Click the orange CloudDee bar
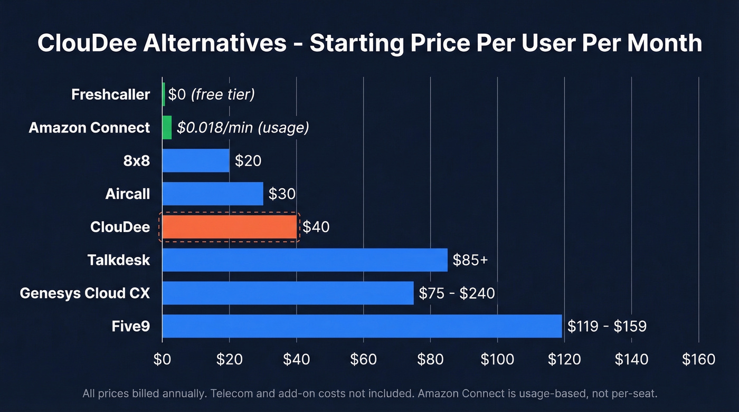pos(230,227)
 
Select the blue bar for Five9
pos(362,326)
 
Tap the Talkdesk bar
pos(305,260)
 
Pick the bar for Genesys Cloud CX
pos(288,293)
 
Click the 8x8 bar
pos(196,160)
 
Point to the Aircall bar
pos(213,194)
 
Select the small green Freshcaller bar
pos(164,94)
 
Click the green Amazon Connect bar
pos(167,128)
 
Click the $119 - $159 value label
pos(607,326)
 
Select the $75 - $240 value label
pos(457,293)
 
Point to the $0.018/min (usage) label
pos(243,128)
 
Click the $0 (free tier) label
pos(211,94)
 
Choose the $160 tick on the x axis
pos(698,360)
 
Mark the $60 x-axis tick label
pos(363,360)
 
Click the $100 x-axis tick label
pos(497,360)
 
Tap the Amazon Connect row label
pos(89,128)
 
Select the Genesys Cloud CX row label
pos(84,293)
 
